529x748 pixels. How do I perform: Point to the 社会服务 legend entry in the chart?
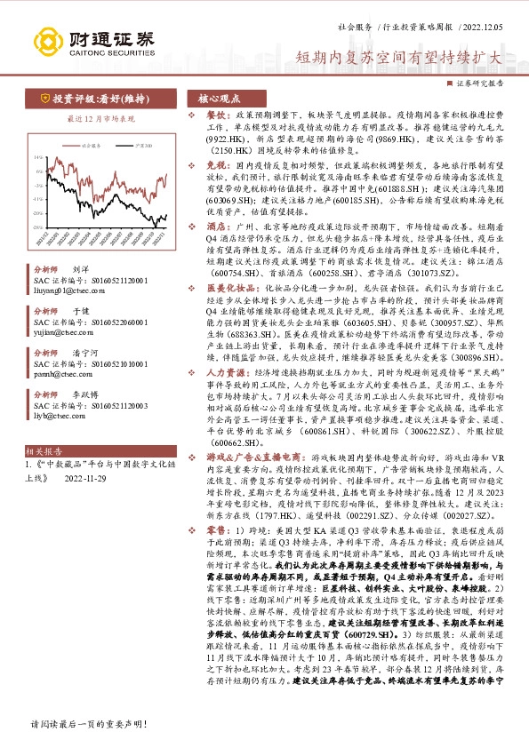tap(88, 143)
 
